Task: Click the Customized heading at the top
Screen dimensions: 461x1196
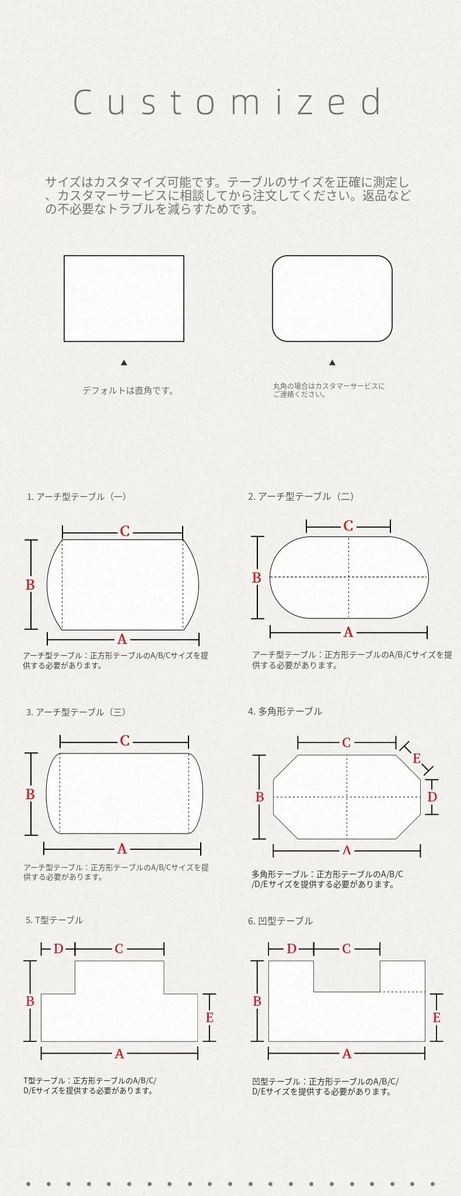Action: pos(228,102)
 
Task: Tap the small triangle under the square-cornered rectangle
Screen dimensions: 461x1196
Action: pos(124,363)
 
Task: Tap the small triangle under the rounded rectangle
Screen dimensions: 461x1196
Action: pos(332,363)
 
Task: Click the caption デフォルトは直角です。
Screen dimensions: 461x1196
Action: pos(128,391)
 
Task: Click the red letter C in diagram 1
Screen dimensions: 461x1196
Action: pos(124,531)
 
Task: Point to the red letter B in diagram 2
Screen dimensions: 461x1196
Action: pos(256,578)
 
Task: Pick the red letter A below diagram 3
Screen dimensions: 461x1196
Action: pos(122,849)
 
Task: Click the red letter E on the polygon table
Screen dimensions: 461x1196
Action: pos(417,759)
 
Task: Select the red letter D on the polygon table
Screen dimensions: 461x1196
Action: pos(432,797)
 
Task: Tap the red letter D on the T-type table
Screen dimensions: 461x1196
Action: pos(58,949)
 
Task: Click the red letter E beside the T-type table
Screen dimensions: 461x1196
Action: pos(209,1018)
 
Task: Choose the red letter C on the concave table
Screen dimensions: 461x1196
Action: pos(347,949)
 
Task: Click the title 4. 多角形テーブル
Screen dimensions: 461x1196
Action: pos(285,711)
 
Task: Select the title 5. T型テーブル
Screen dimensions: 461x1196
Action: pos(54,920)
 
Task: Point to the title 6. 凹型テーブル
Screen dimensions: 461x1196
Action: pos(280,921)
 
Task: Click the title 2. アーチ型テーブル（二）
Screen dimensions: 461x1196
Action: pos(301,496)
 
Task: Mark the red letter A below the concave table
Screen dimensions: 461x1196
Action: pos(347,1054)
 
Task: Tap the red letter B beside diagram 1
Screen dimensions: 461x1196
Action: pos(30,585)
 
